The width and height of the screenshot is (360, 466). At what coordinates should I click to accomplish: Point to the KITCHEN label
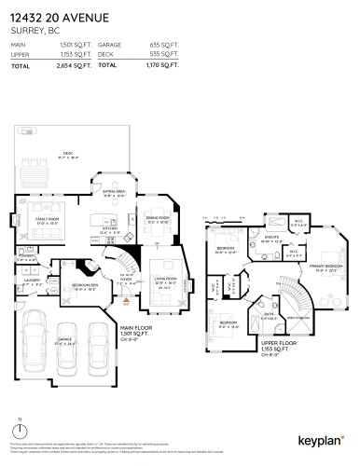click(x=109, y=227)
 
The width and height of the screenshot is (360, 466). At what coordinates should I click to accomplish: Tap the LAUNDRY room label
click(x=30, y=278)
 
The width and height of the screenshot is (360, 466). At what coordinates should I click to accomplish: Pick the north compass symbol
click(x=19, y=434)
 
